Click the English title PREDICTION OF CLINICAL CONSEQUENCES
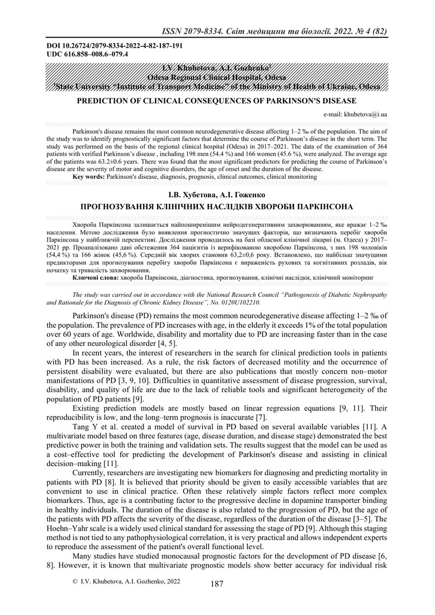[x=217, y=101]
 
